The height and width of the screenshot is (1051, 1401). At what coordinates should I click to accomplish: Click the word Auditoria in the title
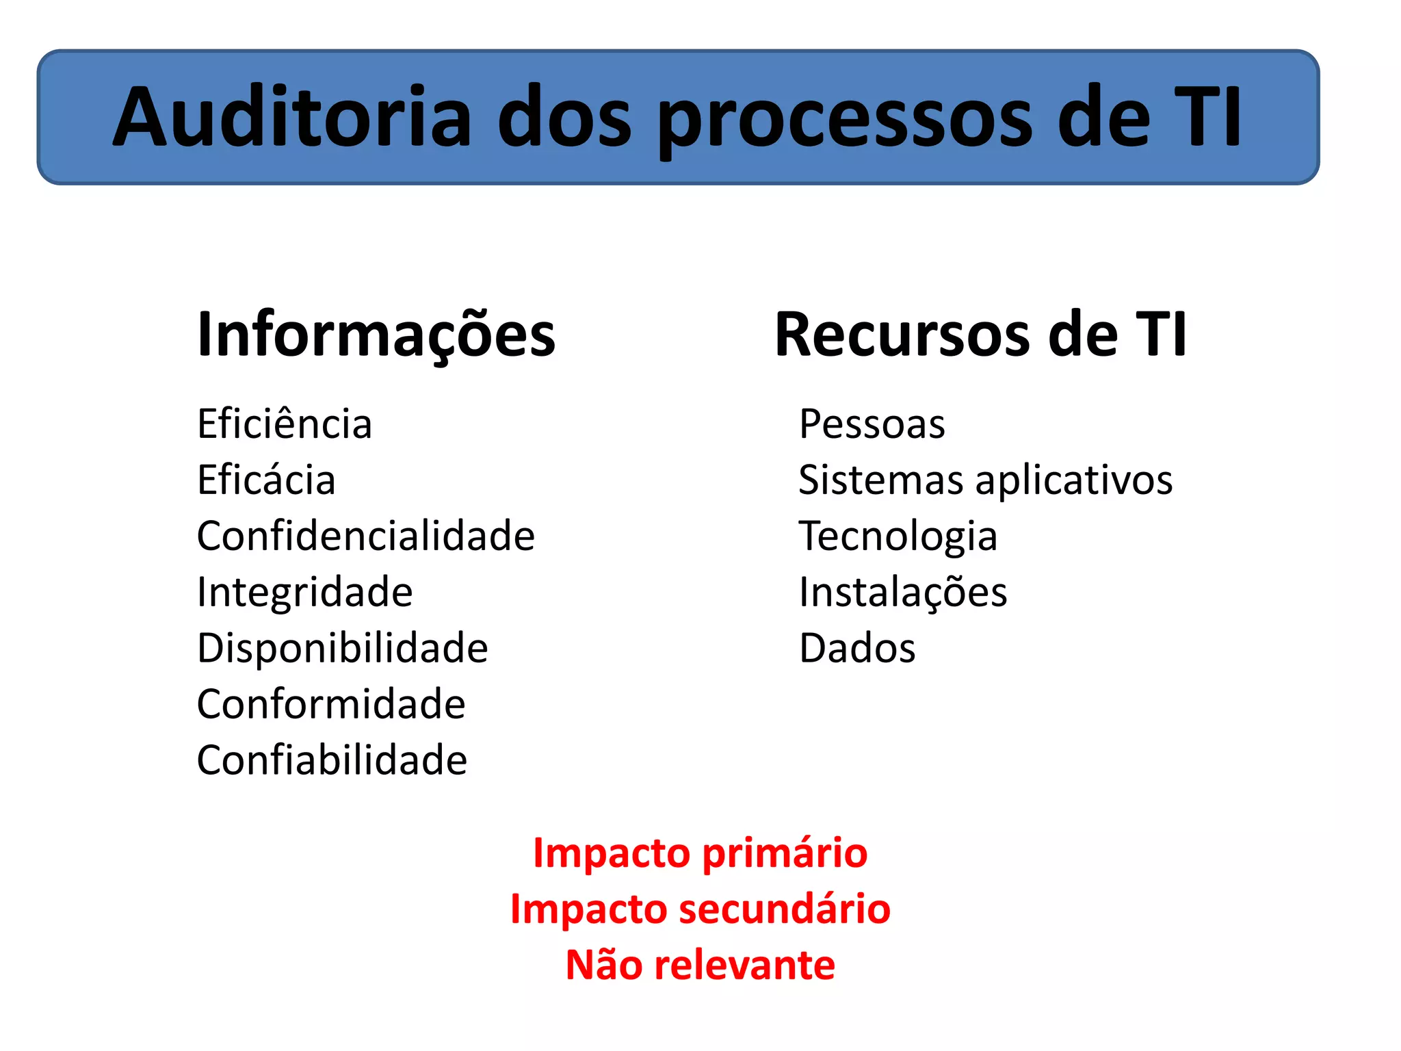292,116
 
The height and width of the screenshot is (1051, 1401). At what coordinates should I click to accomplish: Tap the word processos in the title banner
846,118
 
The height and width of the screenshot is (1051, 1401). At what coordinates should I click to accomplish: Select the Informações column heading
376,335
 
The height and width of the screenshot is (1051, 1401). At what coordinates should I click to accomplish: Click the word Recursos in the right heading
902,335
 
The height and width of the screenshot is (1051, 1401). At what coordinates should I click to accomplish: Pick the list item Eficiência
285,424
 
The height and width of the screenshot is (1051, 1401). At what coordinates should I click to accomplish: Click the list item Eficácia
266,480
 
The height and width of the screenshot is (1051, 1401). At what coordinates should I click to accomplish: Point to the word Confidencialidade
365,536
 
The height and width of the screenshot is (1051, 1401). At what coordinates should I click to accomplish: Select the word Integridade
304,592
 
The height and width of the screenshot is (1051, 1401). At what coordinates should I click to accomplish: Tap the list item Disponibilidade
342,648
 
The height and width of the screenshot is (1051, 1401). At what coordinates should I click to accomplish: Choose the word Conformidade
331,704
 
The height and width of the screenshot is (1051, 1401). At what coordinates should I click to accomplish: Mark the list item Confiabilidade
332,760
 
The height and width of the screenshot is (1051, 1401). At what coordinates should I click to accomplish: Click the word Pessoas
872,424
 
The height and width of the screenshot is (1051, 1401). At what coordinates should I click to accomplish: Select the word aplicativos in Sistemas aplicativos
1073,481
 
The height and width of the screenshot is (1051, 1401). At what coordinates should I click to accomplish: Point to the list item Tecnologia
898,537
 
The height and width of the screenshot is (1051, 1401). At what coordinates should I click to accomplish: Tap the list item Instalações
902,593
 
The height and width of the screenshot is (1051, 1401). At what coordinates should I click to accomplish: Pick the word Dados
856,648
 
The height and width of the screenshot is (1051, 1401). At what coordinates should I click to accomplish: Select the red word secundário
785,909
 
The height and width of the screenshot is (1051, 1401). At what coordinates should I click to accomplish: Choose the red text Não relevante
700,965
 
